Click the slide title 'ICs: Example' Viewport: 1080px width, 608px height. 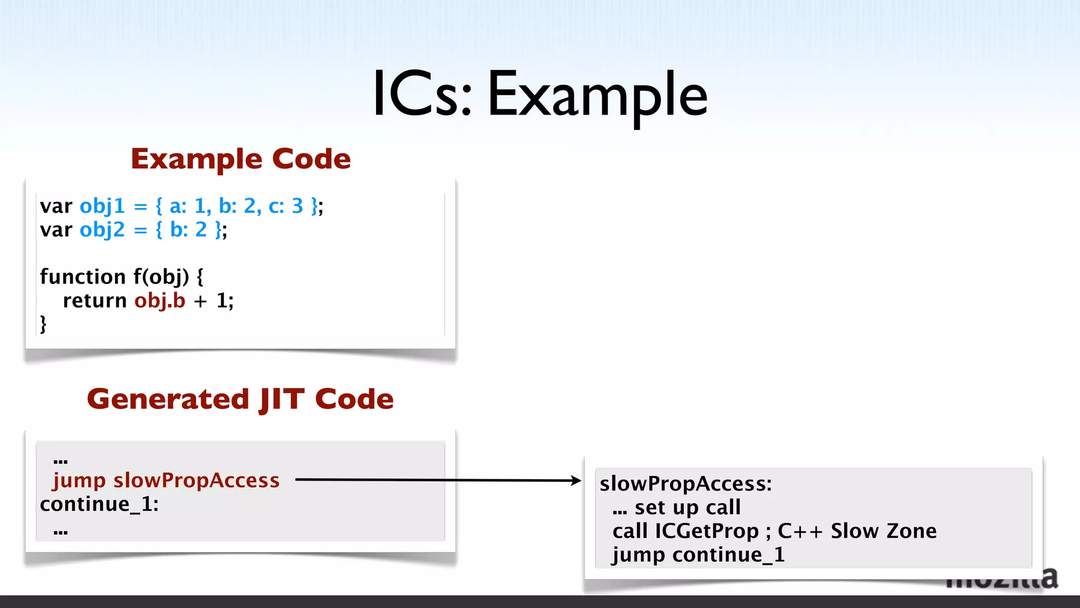pyautogui.click(x=539, y=95)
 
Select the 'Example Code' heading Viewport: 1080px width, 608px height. pyautogui.click(x=241, y=159)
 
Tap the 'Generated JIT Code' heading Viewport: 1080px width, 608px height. pyautogui.click(x=240, y=399)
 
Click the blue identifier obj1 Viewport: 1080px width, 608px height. pyautogui.click(x=102, y=206)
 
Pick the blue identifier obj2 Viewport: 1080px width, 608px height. pyautogui.click(x=102, y=230)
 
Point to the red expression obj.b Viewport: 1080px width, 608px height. pyautogui.click(x=160, y=301)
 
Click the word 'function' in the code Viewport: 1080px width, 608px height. pyautogui.click(x=83, y=277)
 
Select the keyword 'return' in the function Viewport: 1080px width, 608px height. pyautogui.click(x=95, y=301)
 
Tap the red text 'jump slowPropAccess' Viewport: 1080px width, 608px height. pyautogui.click(x=166, y=480)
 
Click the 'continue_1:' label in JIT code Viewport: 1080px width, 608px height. pyautogui.click(x=99, y=505)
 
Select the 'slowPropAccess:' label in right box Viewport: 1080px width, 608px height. pyautogui.click(x=686, y=483)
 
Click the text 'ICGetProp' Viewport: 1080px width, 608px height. pyautogui.click(x=707, y=531)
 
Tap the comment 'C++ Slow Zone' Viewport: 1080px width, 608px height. pyautogui.click(x=857, y=531)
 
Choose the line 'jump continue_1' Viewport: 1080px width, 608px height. pyautogui.click(x=699, y=555)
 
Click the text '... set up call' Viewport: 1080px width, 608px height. pyautogui.click(x=677, y=507)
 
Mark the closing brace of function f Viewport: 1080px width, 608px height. pyautogui.click(x=43, y=324)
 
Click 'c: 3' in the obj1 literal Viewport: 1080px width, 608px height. pyautogui.click(x=286, y=206)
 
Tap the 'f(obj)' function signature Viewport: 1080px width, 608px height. pyautogui.click(x=161, y=277)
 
